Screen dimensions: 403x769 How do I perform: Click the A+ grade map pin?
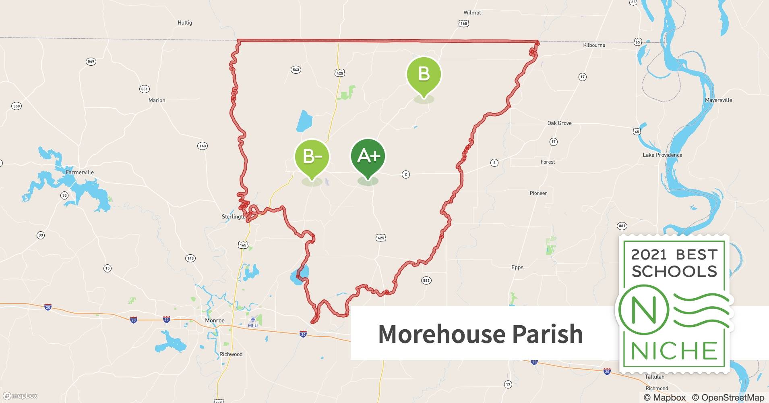(x=368, y=157)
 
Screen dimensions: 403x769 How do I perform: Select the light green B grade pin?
(x=424, y=75)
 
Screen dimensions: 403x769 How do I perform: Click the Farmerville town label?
(x=80, y=172)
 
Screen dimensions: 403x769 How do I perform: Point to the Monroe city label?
(x=215, y=321)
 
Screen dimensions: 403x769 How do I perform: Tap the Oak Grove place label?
(x=559, y=123)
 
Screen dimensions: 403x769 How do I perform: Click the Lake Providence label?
(x=662, y=155)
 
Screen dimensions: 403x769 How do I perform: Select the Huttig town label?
(x=185, y=23)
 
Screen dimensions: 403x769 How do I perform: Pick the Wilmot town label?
(x=472, y=13)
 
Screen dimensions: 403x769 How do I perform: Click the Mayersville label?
(x=718, y=100)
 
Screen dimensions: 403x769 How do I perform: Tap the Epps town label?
(x=517, y=268)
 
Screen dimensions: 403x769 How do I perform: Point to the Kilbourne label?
(x=594, y=46)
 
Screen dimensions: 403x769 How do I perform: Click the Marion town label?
(x=157, y=101)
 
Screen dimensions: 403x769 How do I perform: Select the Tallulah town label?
(x=654, y=377)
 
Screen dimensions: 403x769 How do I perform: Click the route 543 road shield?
(x=296, y=70)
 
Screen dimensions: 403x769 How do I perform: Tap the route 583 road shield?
(x=426, y=280)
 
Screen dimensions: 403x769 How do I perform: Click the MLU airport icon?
(x=253, y=320)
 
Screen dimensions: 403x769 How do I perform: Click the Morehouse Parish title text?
(x=480, y=334)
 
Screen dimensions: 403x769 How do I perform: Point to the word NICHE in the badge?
(x=674, y=351)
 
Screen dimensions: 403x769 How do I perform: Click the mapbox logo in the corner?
(x=20, y=396)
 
